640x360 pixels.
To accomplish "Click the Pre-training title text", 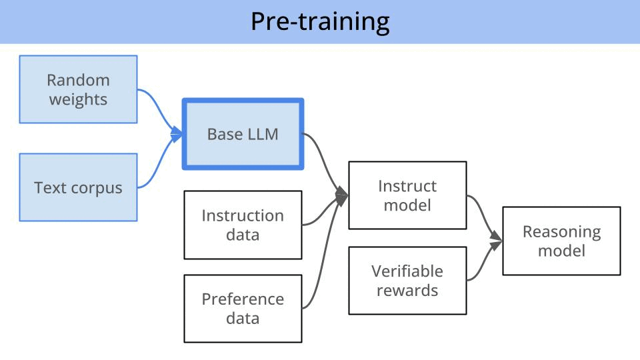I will click(x=320, y=22).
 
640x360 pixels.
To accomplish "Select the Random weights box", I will click(x=78, y=89).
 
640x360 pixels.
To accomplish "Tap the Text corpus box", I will click(x=78, y=187).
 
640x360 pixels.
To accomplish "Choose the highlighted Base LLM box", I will click(x=243, y=134).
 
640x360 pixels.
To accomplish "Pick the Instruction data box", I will click(x=243, y=225).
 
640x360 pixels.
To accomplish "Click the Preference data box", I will click(x=243, y=308).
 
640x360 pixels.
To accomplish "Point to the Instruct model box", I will click(x=407, y=195).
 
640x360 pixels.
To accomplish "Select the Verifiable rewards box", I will click(x=407, y=280).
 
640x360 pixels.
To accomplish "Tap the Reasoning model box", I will click(x=561, y=241).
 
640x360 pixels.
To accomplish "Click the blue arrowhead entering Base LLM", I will click(x=178, y=135).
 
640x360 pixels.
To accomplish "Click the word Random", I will click(x=78, y=80).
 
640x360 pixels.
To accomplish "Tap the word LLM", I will click(x=263, y=134).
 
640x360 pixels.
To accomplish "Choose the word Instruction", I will click(x=243, y=215).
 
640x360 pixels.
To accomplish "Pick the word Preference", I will click(x=243, y=299).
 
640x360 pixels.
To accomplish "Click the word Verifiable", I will click(x=407, y=271).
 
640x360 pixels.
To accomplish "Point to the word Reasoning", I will click(x=561, y=231).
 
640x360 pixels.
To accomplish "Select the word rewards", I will click(x=407, y=290).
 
